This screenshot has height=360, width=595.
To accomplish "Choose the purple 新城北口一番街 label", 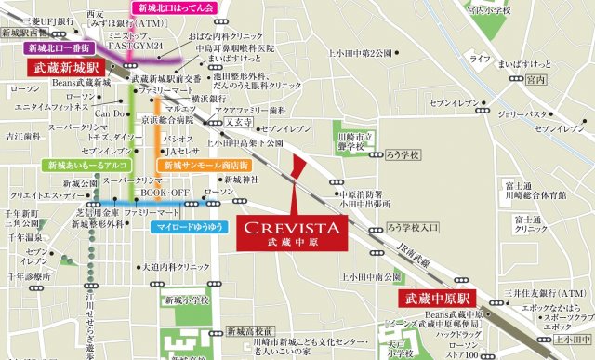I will (58, 47).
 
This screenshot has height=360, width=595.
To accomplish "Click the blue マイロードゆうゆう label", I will (184, 226).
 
